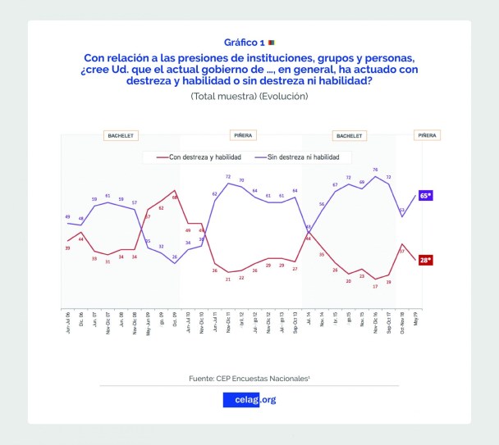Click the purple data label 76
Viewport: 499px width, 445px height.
[x=375, y=170]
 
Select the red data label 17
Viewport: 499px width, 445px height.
[x=375, y=286]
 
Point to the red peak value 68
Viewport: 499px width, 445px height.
[x=175, y=198]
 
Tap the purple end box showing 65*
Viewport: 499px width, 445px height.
[x=426, y=196]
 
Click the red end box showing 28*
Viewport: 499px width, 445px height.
[x=426, y=260]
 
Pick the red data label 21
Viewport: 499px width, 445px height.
[x=228, y=279]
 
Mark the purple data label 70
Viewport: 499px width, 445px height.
[x=241, y=180]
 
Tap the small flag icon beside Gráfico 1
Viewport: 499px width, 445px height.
[x=272, y=42]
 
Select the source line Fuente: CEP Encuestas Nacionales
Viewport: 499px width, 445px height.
[x=249, y=378]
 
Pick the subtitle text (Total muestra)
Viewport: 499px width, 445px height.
[x=218, y=96]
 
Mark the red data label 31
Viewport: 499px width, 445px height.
[x=108, y=261]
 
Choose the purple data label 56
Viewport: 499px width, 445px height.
[x=322, y=203]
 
